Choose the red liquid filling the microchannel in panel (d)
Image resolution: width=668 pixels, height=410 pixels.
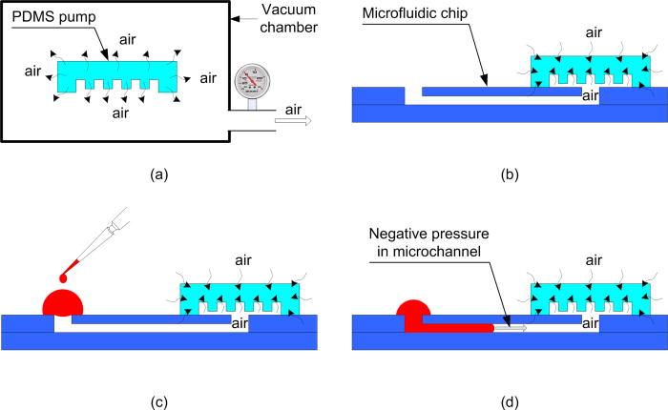pyautogui.click(x=449, y=328)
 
